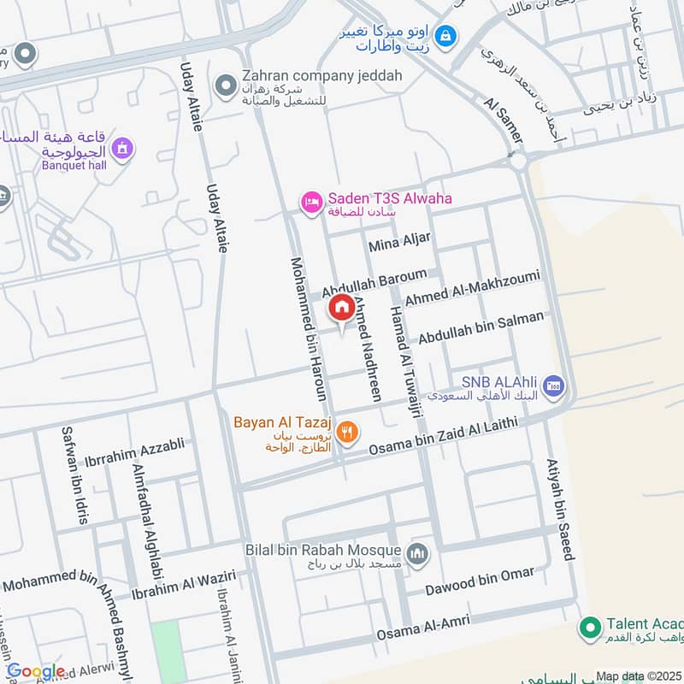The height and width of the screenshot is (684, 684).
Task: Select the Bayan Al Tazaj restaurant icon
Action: click(x=346, y=433)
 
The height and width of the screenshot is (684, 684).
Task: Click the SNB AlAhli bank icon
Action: click(x=552, y=386)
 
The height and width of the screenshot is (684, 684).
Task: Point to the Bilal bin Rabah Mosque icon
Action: click(x=417, y=554)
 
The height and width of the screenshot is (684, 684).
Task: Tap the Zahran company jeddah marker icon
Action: click(x=226, y=85)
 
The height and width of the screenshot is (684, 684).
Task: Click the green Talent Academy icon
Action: click(x=588, y=628)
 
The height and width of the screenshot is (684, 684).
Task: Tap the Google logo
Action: click(x=36, y=672)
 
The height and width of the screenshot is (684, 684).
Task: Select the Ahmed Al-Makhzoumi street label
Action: click(x=472, y=288)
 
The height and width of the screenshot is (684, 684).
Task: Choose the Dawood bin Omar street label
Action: click(x=481, y=582)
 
